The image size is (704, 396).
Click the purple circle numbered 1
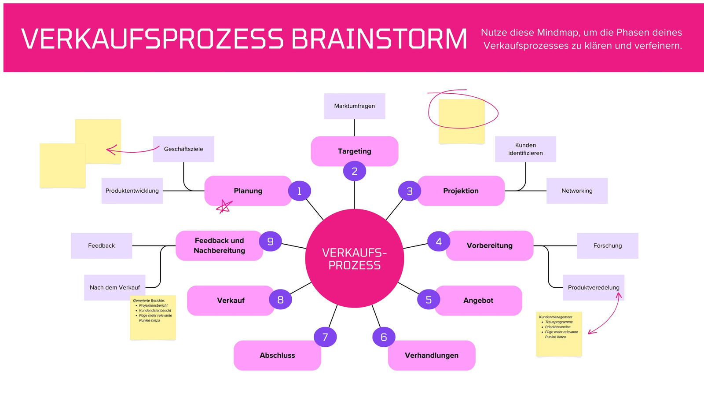(x=300, y=191)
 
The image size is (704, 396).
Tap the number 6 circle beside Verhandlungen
(x=384, y=337)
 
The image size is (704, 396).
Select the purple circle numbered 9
(x=270, y=241)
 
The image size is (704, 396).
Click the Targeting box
(x=355, y=151)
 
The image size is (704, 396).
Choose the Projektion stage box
(x=461, y=191)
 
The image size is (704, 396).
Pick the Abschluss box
(x=277, y=356)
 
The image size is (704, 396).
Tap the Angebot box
(x=478, y=301)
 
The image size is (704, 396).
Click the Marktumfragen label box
(x=355, y=106)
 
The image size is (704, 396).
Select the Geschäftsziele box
(x=183, y=149)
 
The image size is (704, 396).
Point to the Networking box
(x=577, y=191)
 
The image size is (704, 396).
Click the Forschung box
(x=608, y=246)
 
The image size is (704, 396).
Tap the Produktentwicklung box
(x=132, y=191)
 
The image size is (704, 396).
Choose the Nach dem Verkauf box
(x=115, y=288)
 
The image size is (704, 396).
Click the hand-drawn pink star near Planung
(x=224, y=206)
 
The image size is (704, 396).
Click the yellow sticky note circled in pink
(x=462, y=121)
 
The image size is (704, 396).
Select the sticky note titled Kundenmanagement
(x=559, y=334)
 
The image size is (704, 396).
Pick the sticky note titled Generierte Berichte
(x=153, y=317)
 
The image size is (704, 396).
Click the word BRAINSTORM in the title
(x=379, y=39)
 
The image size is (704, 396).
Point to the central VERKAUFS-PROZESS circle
(x=355, y=258)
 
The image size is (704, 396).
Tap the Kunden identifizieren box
(x=525, y=149)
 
